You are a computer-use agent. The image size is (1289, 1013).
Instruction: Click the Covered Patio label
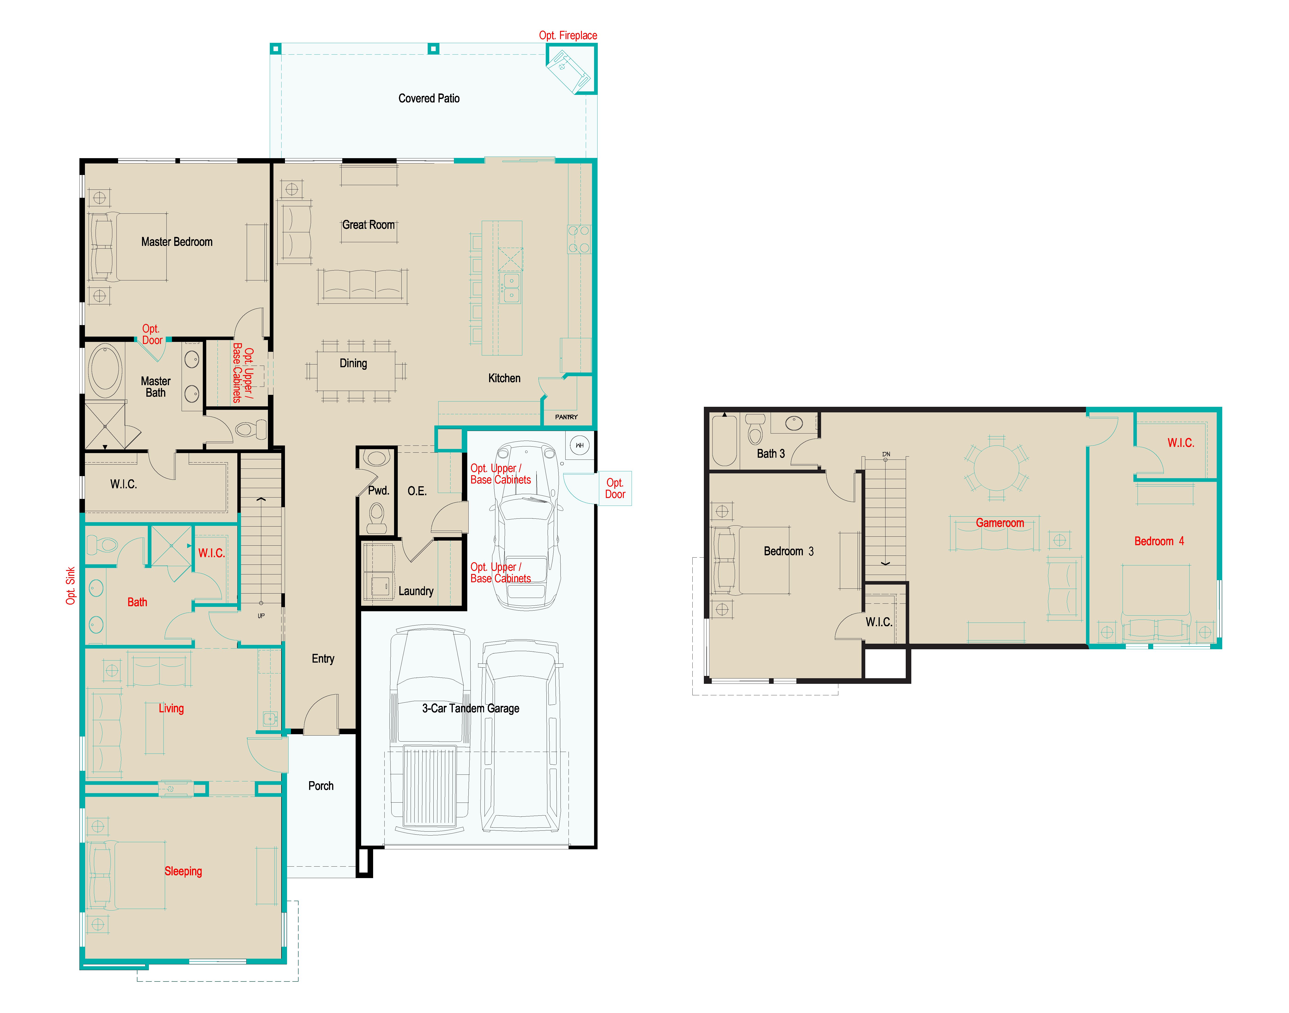click(x=429, y=99)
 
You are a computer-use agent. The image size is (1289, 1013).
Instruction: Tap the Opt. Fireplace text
click(x=567, y=36)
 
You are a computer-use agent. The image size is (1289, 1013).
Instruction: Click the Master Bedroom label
click(x=177, y=242)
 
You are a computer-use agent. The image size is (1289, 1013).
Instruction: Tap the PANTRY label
click(x=566, y=417)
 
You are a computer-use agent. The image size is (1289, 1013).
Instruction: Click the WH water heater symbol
click(x=579, y=445)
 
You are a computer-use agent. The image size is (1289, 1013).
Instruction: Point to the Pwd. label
click(x=378, y=490)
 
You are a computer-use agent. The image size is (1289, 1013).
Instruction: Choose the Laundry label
click(x=416, y=591)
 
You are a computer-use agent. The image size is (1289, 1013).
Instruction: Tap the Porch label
click(x=321, y=786)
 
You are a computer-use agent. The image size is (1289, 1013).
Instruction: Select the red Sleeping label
click(x=183, y=871)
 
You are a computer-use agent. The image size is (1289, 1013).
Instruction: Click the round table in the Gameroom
click(x=996, y=466)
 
